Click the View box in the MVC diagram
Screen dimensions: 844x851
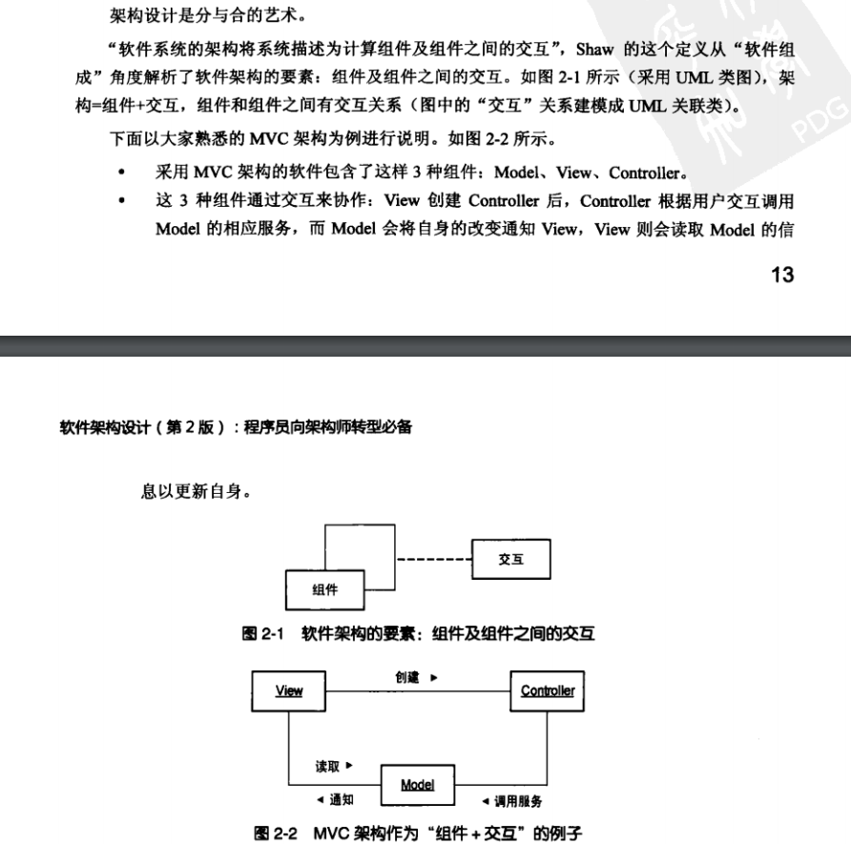(288, 690)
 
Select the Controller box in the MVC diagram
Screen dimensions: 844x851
(548, 690)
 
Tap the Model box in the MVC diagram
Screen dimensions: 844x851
(418, 785)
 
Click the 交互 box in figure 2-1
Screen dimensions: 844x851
(510, 560)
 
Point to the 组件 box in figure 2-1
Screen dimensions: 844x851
(324, 589)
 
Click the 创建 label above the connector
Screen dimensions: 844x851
(407, 676)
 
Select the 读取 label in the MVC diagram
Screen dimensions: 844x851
(329, 765)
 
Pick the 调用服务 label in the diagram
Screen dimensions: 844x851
(518, 801)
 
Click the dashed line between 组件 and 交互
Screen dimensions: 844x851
(432, 560)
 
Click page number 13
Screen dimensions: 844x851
(782, 276)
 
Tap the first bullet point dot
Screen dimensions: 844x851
(120, 174)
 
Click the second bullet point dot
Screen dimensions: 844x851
(120, 202)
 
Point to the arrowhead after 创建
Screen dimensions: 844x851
(434, 677)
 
